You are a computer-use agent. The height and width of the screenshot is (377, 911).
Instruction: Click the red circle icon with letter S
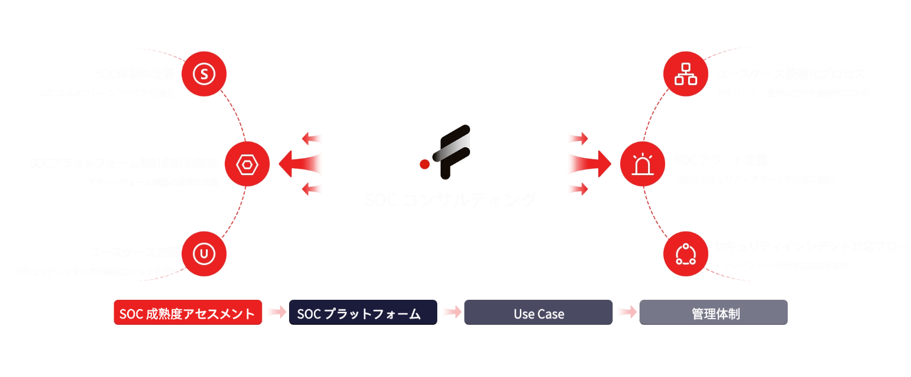(x=204, y=74)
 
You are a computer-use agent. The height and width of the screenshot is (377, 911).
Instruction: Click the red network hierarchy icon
(x=685, y=74)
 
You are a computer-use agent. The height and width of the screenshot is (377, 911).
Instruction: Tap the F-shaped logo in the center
(x=448, y=152)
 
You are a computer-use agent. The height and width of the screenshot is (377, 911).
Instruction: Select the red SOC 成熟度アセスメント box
(x=188, y=313)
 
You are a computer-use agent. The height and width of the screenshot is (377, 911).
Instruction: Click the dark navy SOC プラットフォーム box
(x=363, y=313)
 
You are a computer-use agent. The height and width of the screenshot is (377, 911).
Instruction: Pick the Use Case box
(x=538, y=313)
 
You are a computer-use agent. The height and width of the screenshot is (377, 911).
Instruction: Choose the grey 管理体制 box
(x=714, y=313)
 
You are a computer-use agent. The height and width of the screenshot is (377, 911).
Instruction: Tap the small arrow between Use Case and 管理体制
(x=626, y=313)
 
